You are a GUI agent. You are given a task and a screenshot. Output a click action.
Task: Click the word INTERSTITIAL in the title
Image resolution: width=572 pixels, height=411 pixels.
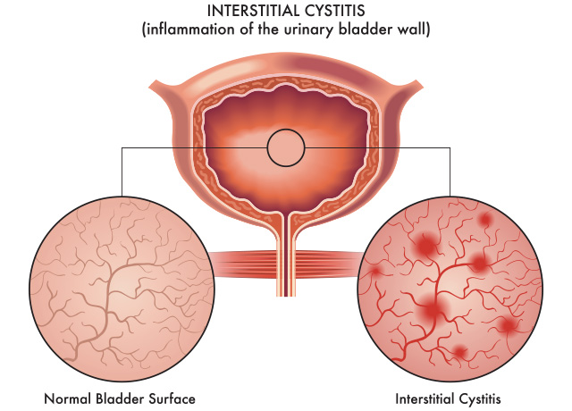point(253,11)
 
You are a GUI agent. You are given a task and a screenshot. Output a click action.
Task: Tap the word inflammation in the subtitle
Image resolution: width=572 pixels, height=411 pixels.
point(190,29)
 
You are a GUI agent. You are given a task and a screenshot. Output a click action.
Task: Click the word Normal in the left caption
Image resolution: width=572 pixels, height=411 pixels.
point(68,398)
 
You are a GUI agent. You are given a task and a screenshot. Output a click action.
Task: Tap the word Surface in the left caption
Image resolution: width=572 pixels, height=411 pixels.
point(172,398)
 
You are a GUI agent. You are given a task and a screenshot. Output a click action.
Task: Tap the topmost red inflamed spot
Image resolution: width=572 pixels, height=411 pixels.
point(485,219)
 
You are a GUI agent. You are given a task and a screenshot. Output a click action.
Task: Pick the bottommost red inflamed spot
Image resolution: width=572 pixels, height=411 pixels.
point(460,352)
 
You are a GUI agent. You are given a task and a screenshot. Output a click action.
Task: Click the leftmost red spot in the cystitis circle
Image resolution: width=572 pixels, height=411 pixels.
point(374,271)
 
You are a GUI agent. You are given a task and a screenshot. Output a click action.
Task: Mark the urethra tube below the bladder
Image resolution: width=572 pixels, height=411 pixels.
point(286,256)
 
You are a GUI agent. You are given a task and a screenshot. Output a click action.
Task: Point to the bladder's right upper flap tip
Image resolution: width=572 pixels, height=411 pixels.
point(423,87)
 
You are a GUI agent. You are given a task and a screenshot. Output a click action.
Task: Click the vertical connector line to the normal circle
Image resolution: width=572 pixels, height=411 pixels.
point(122,172)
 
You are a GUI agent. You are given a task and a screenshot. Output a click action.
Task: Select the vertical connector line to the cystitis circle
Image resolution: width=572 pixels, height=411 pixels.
point(450,172)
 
